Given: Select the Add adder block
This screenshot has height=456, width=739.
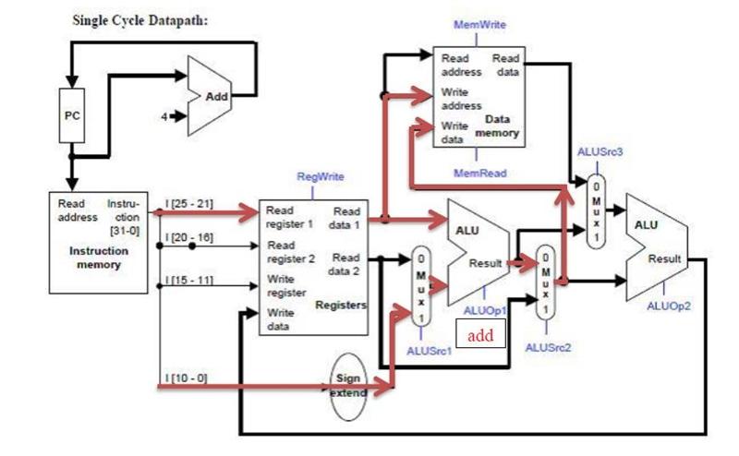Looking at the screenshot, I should [x=212, y=93].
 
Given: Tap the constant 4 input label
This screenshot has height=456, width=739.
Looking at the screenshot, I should [x=165, y=115].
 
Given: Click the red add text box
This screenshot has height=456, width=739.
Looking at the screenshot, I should [x=481, y=335].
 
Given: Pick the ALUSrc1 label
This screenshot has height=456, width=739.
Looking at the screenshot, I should [x=428, y=351].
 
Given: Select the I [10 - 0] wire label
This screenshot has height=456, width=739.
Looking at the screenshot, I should [x=187, y=378].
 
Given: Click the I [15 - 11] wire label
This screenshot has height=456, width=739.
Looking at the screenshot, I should [x=189, y=278].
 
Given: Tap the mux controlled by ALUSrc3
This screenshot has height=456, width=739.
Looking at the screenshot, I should [x=597, y=212].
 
